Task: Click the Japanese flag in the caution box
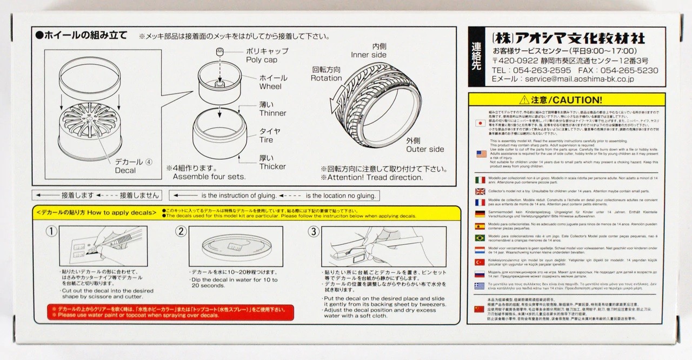(479, 123)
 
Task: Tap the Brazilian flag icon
(479, 237)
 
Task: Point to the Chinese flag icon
(479, 309)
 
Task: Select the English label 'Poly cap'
(262, 59)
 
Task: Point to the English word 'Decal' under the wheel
(125, 170)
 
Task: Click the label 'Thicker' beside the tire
(272, 166)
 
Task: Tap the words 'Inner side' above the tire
(369, 55)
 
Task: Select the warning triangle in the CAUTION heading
(523, 100)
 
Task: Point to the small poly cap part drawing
(221, 51)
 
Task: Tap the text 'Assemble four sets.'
(210, 177)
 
